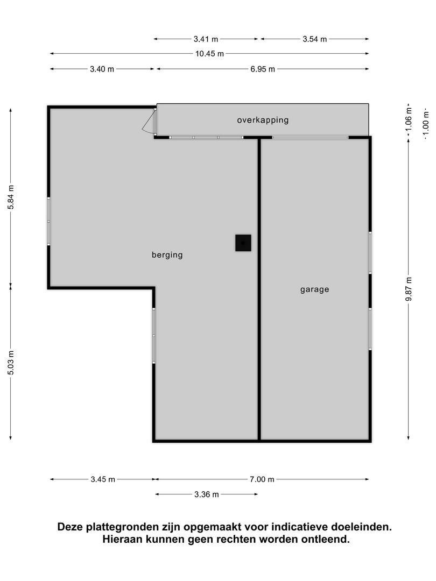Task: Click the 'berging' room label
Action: coord(167,255)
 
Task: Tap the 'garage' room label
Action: coord(315,289)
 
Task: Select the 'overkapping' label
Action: coord(263,120)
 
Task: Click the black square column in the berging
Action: coord(243,243)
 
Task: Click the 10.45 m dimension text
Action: coord(210,54)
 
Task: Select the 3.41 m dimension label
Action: coord(206,39)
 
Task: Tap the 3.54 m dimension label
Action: coord(315,39)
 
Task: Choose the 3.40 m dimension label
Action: coord(102,69)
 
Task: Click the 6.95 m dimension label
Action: coord(263,69)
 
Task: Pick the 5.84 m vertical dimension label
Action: coord(11,197)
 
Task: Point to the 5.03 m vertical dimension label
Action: coord(11,363)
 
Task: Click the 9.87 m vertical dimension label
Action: coord(409,289)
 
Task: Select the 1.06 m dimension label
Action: coord(409,119)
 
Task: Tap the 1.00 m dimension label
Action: coord(426,120)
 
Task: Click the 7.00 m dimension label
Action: coord(262,479)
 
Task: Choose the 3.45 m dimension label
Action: coord(103,479)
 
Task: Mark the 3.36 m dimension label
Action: coord(207,494)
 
